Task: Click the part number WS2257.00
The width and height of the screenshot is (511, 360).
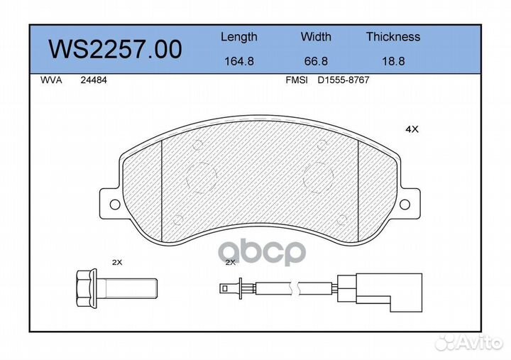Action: point(115,49)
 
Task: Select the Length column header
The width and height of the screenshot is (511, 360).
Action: point(239,37)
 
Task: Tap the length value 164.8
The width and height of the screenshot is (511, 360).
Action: point(239,61)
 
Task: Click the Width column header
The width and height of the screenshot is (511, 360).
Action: point(316,36)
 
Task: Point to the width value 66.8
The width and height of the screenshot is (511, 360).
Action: point(316,61)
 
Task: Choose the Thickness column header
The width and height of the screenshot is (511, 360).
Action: point(393,36)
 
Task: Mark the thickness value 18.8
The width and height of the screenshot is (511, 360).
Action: point(393,61)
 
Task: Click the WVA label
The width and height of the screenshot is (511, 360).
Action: point(51,80)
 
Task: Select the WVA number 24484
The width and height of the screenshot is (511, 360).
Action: point(94,80)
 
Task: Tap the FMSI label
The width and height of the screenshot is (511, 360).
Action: point(297,80)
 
